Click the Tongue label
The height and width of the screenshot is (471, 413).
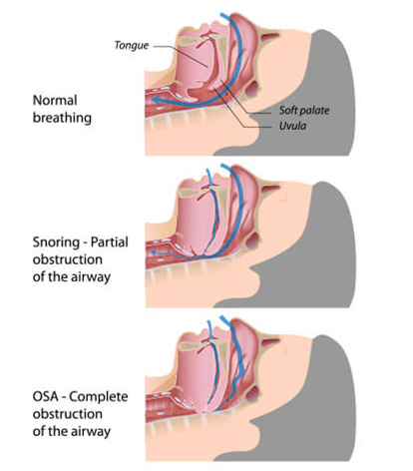pos(132,45)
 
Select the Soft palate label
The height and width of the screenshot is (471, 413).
pos(304,110)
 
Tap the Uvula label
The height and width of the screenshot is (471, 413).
pos(292,126)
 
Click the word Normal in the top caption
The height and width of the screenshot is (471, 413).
pos(55,100)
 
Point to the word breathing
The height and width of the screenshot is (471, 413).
pos(62,118)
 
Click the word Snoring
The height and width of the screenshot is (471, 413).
pos(56,242)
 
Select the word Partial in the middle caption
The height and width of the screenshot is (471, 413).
pos(109,241)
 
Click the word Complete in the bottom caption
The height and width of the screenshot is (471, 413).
pos(99,397)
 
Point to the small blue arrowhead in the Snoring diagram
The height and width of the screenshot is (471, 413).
pos(154,253)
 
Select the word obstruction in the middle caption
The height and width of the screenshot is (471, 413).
pos(68,259)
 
